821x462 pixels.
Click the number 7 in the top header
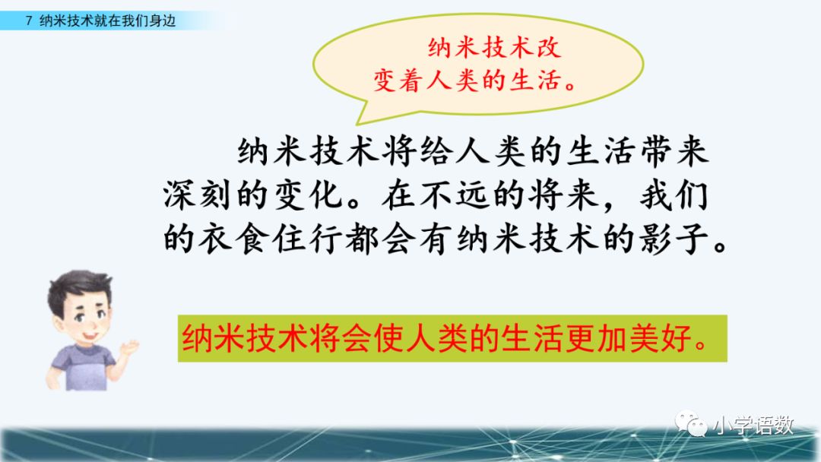point(29,21)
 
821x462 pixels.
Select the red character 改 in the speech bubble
point(547,48)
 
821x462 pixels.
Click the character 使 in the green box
point(390,338)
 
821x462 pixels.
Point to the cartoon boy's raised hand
point(128,347)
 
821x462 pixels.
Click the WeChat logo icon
point(690,424)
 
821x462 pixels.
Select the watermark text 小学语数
point(753,426)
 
